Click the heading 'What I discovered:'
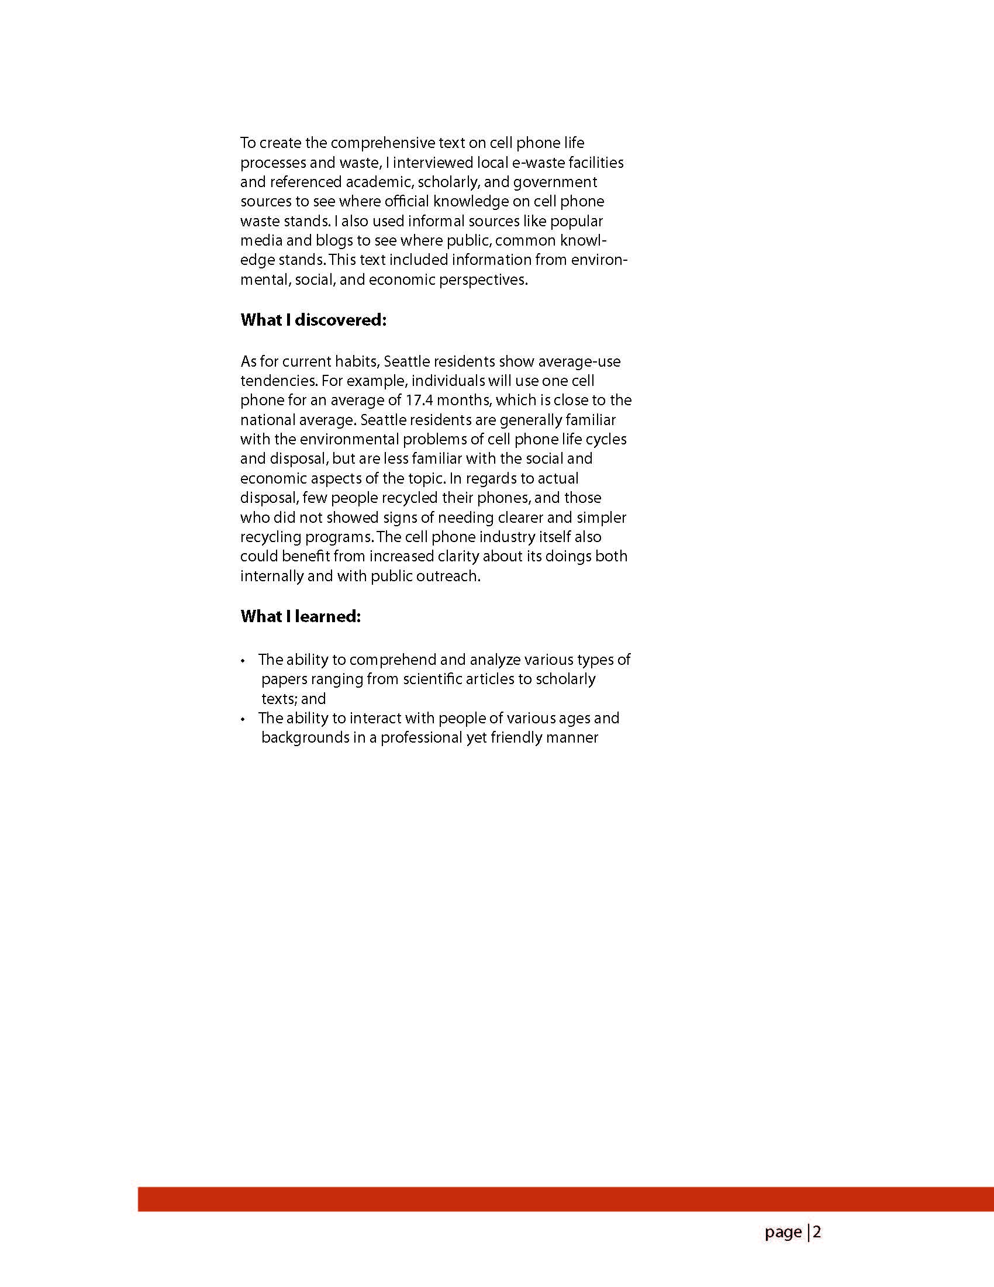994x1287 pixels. pos(313,320)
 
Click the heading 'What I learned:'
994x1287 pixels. pos(300,616)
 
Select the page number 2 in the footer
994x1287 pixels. pos(817,1231)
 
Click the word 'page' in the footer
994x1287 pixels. pos(783,1232)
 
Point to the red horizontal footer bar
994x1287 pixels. pos(565,1199)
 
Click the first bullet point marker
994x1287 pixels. pos(243,661)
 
